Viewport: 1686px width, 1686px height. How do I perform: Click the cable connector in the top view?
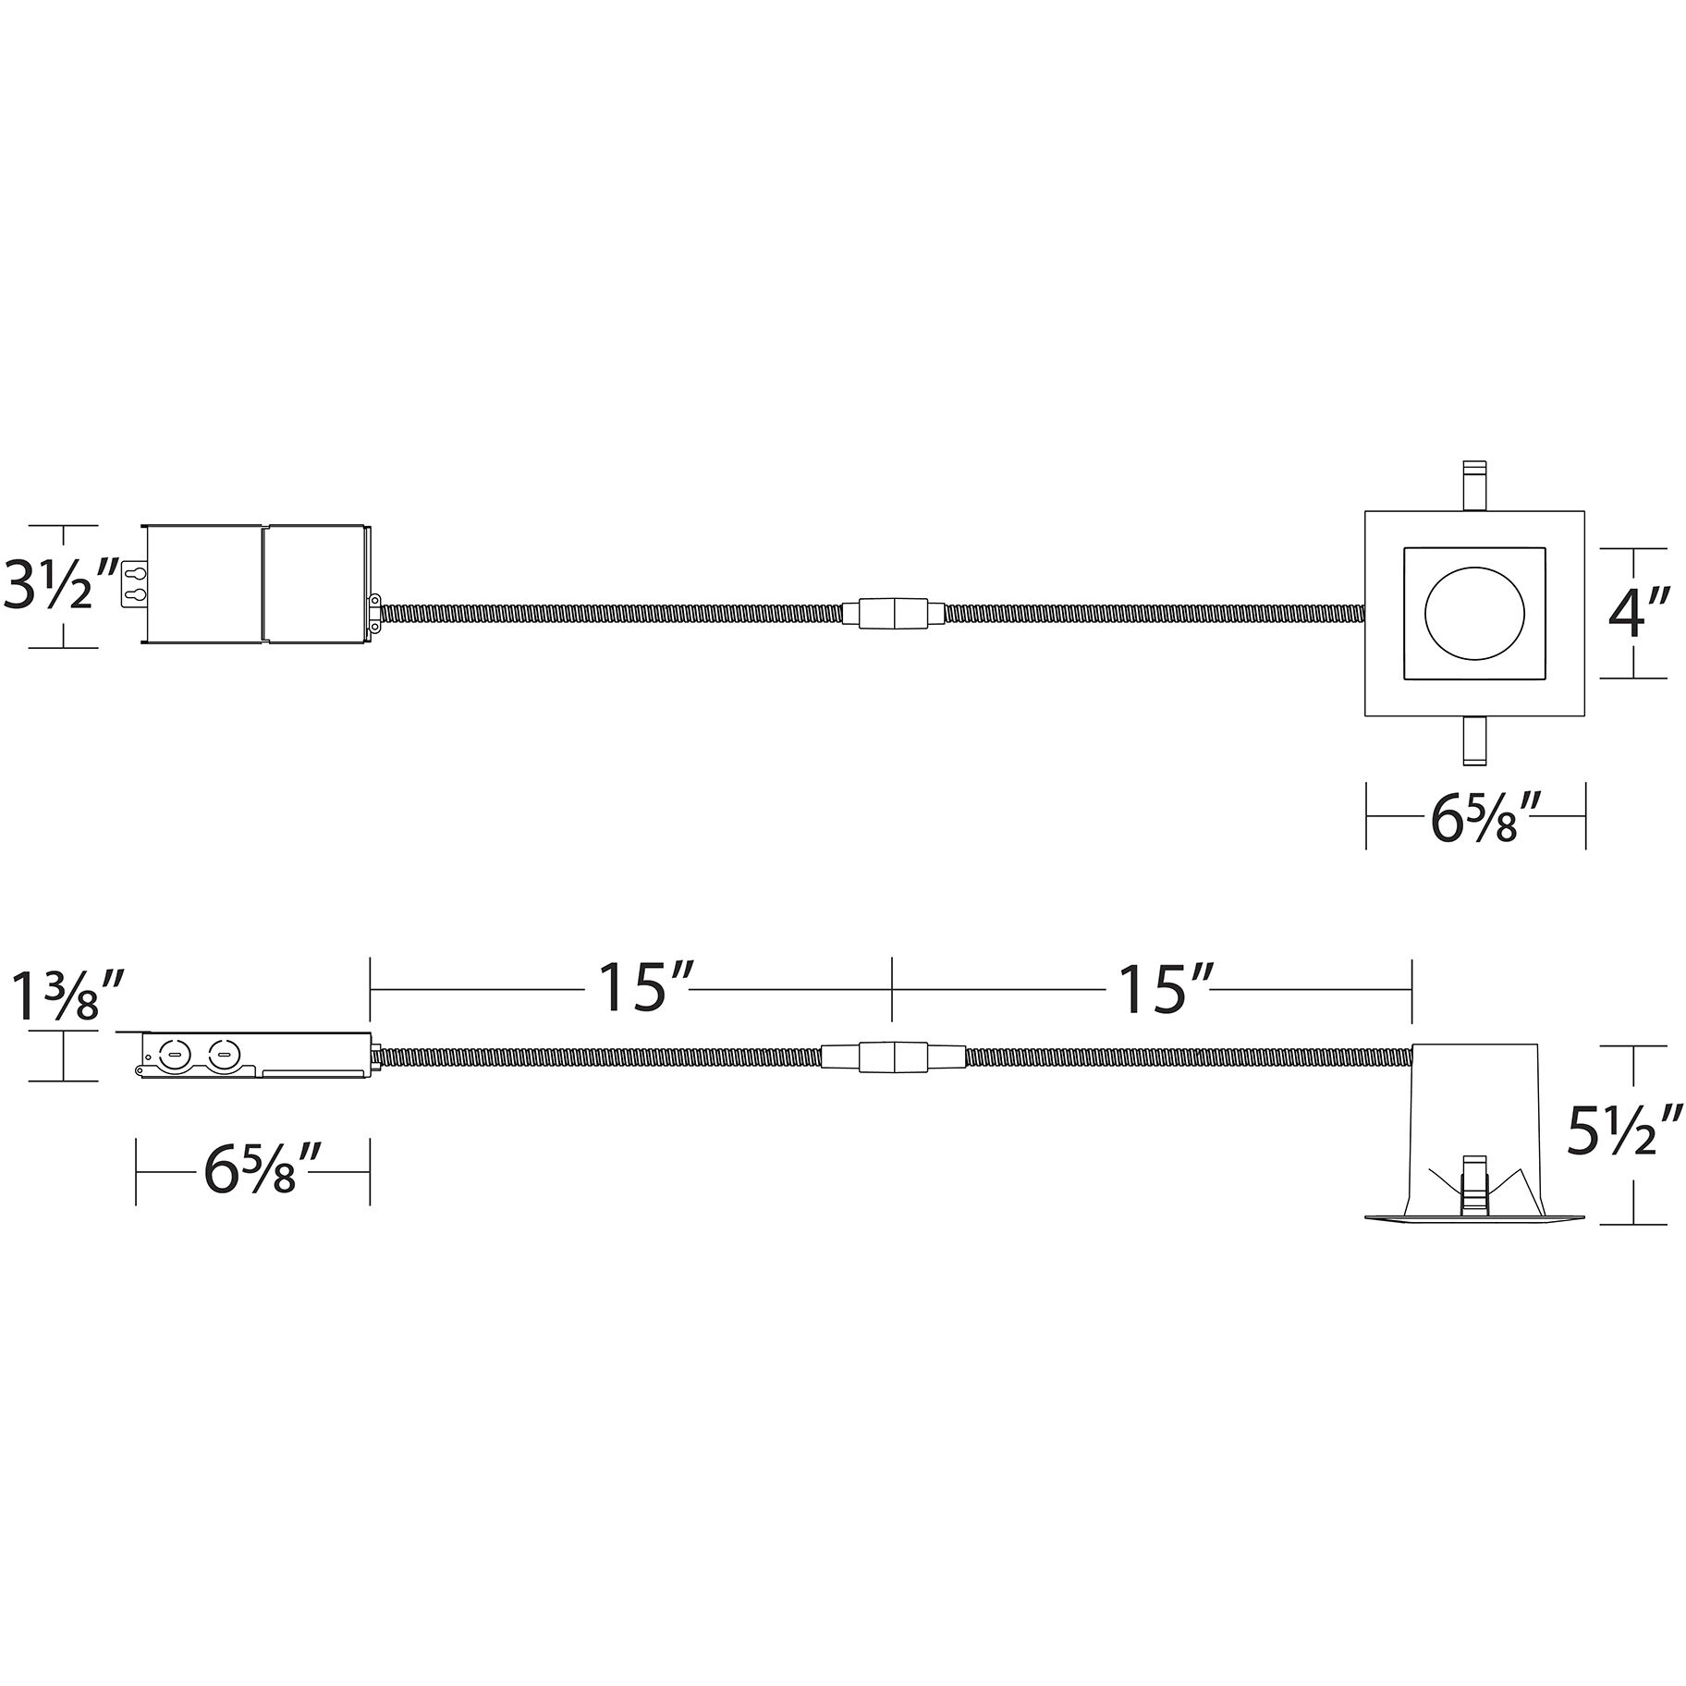893,614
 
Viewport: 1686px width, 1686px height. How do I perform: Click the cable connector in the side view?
893,1057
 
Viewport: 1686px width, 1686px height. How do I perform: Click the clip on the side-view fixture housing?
1473,1184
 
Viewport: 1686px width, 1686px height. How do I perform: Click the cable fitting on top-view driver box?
375,614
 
